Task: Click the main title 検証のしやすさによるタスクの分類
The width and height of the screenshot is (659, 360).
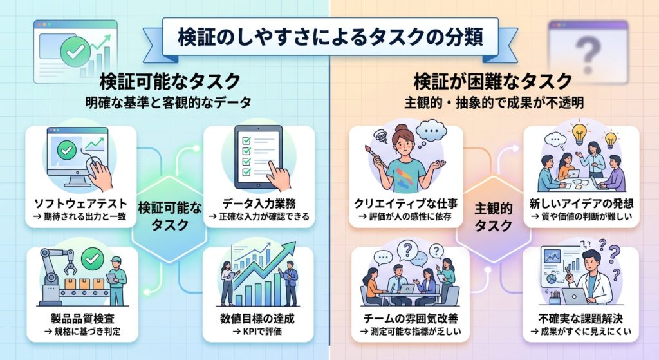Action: pyautogui.click(x=330, y=37)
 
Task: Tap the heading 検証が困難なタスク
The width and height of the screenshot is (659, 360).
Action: pyautogui.click(x=493, y=81)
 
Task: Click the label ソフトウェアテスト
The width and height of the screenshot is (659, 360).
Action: pyautogui.click(x=80, y=204)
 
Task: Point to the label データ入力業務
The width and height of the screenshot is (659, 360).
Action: pyautogui.click(x=259, y=204)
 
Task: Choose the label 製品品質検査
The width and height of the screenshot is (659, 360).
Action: pyautogui.click(x=82, y=318)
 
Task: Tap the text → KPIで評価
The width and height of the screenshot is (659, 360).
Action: pyautogui.click(x=257, y=332)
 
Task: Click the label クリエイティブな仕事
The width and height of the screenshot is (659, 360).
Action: pyautogui.click(x=406, y=204)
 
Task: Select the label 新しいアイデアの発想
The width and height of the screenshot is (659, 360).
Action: pyautogui.click(x=581, y=204)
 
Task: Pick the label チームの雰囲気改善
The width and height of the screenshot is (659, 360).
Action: pyautogui.click(x=411, y=318)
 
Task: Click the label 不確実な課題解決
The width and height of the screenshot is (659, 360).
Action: pyautogui.click(x=580, y=318)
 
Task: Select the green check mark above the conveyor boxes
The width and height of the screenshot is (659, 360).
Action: pyautogui.click(x=93, y=259)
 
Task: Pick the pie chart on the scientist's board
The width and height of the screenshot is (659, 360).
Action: pyautogui.click(x=550, y=279)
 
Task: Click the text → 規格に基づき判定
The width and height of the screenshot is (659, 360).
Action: pyautogui.click(x=82, y=332)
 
